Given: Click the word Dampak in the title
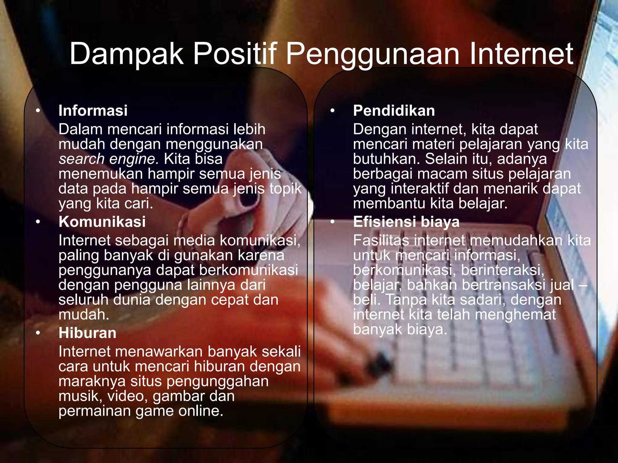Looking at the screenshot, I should point(126,54).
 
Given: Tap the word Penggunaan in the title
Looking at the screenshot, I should point(372,54).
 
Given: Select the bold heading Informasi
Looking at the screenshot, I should point(93,111).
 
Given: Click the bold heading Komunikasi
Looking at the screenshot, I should point(102,222).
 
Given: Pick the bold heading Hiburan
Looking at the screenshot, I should point(88,333).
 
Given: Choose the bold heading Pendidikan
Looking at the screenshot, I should point(394,111).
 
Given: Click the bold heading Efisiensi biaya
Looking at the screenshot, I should point(406,222).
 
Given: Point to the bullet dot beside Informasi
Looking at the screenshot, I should point(38,111).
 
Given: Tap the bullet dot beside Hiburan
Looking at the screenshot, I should point(38,333).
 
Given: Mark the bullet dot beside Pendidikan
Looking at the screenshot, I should point(333,111).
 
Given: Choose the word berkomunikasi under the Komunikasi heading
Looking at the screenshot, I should point(249,270).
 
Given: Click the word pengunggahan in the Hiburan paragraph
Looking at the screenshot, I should point(217,381).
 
